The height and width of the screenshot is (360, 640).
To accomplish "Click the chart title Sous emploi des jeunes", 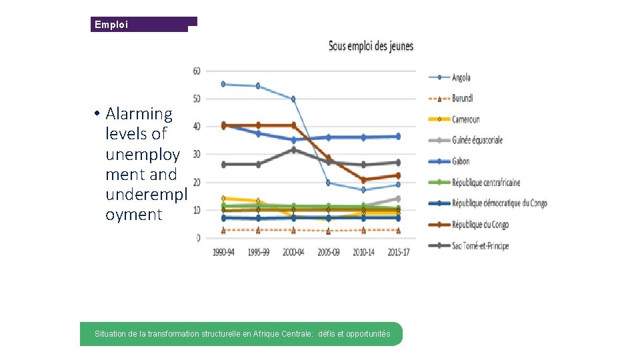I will coord(371,46).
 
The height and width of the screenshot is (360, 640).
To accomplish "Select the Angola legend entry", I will coord(461,78).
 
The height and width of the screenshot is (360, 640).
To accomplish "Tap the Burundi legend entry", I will coord(462,99).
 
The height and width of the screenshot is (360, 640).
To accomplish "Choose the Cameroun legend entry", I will coord(465,119).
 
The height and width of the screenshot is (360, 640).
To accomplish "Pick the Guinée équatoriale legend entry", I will coord(477,140).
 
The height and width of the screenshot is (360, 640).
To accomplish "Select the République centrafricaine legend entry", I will coord(485,183).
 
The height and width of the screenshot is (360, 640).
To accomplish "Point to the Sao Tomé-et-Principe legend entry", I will coord(480,245).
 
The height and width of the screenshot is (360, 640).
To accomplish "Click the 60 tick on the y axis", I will coord(197,71).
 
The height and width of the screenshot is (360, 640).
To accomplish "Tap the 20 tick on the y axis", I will coord(197,182).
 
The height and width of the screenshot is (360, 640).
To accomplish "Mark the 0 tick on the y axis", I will coord(199,238).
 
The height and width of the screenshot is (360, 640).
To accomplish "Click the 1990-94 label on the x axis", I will coord(223,252).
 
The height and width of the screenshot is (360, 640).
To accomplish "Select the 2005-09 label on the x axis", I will coord(328,252).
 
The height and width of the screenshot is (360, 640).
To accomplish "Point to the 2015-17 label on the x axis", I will coord(398,252).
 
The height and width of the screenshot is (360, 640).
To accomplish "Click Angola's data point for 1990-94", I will coord(223,84).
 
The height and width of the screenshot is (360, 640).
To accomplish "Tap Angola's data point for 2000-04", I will coord(293,99).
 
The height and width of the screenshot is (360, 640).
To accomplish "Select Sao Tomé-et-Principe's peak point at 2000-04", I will coord(293,150).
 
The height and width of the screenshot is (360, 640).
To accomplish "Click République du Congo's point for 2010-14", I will coord(363,180).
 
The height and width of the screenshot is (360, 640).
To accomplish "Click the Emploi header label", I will coord(110,25).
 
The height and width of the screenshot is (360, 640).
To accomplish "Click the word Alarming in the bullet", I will coord(139,114).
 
